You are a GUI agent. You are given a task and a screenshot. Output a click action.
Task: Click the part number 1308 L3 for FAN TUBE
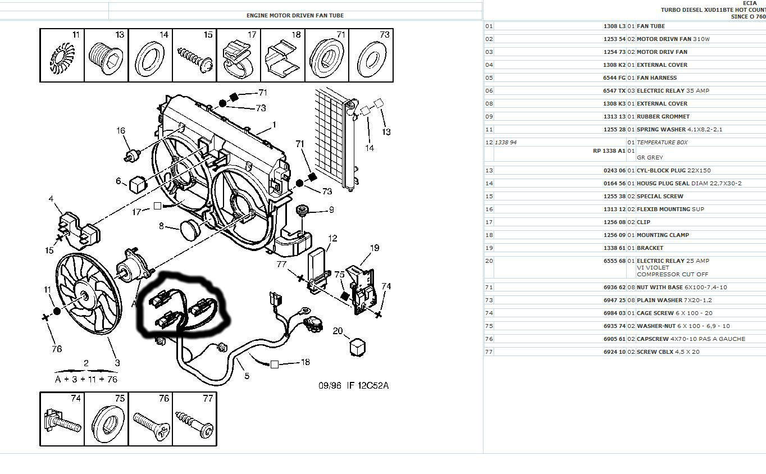point(614,26)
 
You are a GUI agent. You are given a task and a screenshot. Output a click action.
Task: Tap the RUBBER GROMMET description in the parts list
point(663,117)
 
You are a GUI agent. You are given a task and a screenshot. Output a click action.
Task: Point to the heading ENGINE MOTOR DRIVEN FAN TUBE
point(295,16)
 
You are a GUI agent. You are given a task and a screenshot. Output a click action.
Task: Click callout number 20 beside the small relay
point(338,331)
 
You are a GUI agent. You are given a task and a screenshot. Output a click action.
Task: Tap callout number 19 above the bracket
point(375,248)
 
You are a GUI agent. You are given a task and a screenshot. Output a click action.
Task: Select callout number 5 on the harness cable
point(247,376)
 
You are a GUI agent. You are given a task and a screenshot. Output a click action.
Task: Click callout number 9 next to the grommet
point(331,210)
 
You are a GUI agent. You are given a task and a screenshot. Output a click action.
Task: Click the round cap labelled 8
point(190,227)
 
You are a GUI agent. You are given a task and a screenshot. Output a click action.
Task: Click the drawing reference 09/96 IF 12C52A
point(354,385)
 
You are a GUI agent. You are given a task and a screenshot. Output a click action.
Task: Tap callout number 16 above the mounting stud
point(121,131)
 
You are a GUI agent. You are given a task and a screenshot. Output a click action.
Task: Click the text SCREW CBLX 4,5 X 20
point(668,352)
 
